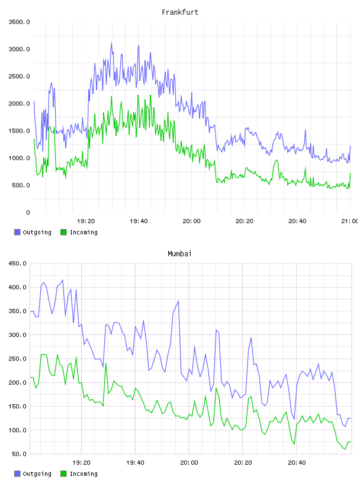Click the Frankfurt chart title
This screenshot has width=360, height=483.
[180, 12]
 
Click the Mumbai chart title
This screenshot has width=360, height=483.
[179, 254]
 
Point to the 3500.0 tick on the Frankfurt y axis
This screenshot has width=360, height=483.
[19, 22]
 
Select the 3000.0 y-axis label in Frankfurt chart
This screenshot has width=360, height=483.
[19, 49]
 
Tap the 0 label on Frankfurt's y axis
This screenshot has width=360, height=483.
[28, 212]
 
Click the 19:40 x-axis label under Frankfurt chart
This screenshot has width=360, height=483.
[139, 221]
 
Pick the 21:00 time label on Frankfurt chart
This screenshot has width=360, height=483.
[349, 221]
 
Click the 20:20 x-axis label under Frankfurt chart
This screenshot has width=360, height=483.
[245, 221]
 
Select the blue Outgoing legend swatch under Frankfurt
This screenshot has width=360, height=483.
[17, 232]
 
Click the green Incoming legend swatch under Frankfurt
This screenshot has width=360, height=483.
[63, 232]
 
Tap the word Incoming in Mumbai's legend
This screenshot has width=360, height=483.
[83, 474]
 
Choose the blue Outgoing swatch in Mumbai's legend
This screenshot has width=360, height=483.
[17, 474]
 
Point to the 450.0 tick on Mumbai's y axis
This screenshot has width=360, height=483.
[18, 263]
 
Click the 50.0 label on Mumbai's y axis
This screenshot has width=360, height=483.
[19, 454]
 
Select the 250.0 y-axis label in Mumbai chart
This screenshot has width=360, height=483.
[18, 359]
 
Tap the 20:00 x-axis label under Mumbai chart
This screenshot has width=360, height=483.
[189, 463]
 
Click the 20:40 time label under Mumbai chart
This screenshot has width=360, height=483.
[297, 463]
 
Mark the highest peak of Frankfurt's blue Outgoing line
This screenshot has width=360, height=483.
[111, 42]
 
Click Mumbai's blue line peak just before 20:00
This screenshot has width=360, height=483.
[178, 301]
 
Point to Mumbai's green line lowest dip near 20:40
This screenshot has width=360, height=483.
[294, 444]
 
